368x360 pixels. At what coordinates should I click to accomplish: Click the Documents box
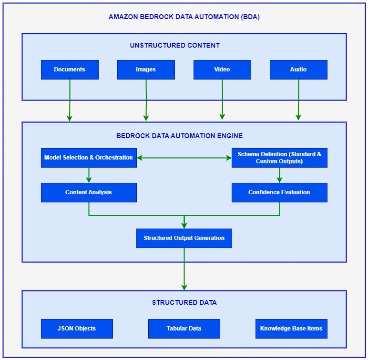point(70,70)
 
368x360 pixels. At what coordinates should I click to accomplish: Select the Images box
point(146,70)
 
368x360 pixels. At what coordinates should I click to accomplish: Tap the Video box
point(222,70)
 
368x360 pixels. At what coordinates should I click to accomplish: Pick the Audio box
point(298,70)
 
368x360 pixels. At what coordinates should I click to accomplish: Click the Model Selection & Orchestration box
point(89,158)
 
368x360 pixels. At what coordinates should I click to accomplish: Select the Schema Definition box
point(279,158)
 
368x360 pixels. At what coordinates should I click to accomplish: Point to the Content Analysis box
point(89,192)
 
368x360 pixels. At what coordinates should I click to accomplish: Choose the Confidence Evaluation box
point(279,192)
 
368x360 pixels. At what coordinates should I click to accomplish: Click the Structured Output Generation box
point(184,238)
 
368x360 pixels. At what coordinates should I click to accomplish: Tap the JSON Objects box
point(77,329)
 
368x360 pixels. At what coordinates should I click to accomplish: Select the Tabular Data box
point(184,329)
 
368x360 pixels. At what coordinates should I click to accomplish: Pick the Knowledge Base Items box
point(291,329)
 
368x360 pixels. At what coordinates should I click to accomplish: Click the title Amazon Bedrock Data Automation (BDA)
point(184,17)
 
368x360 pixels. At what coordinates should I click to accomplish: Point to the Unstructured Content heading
point(175,46)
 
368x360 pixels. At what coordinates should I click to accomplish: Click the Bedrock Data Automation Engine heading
point(179,136)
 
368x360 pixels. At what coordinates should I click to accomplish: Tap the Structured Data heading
point(184,302)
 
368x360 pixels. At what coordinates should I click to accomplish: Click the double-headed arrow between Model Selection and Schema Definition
point(184,158)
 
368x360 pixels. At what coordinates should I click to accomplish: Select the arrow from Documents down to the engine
point(70,100)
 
